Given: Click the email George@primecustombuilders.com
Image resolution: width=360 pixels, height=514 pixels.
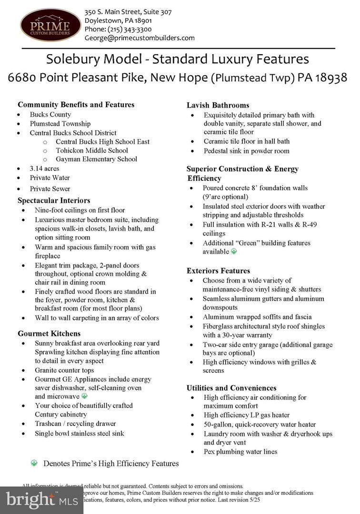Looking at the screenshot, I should point(140,38).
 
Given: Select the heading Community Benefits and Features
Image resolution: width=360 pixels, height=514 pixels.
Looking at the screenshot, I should point(76,105).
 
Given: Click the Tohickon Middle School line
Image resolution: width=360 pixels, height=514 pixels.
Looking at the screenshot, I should point(91,150).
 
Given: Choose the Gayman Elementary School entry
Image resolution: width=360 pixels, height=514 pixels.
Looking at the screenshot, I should point(96,159).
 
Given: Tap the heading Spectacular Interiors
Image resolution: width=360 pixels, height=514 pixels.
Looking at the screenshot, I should point(54,200).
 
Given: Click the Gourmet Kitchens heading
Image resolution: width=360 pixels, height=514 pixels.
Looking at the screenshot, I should point(49,333).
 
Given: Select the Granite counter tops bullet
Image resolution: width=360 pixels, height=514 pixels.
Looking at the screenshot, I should point(64,370).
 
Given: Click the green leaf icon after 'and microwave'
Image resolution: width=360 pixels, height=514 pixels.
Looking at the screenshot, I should point(85,396).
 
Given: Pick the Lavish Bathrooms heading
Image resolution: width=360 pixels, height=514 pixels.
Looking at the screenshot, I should point(218,105).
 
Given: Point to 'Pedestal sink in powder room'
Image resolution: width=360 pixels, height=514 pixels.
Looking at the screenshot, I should point(246,151).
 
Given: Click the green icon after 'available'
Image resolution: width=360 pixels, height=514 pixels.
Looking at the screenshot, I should point(234,251).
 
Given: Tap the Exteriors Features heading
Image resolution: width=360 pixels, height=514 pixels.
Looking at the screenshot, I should point(218,271).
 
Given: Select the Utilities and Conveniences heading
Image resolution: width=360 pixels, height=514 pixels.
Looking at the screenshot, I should point(231,388).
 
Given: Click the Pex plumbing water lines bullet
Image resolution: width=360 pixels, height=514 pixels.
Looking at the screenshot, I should point(240,452).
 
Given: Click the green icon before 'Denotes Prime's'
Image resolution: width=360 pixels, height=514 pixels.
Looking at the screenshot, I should point(34,463).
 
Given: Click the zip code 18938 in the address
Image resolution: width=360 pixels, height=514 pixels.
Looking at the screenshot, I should point(329,77).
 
